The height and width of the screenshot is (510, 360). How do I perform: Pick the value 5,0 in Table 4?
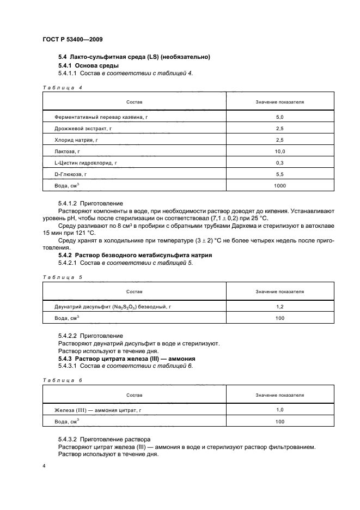(280, 117)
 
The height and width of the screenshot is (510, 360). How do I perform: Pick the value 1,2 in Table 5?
(280, 307)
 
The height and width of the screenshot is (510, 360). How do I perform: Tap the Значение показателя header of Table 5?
(280, 292)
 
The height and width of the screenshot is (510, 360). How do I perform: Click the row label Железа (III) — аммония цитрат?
(101, 409)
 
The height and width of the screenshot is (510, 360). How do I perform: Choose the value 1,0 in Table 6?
(280, 409)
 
